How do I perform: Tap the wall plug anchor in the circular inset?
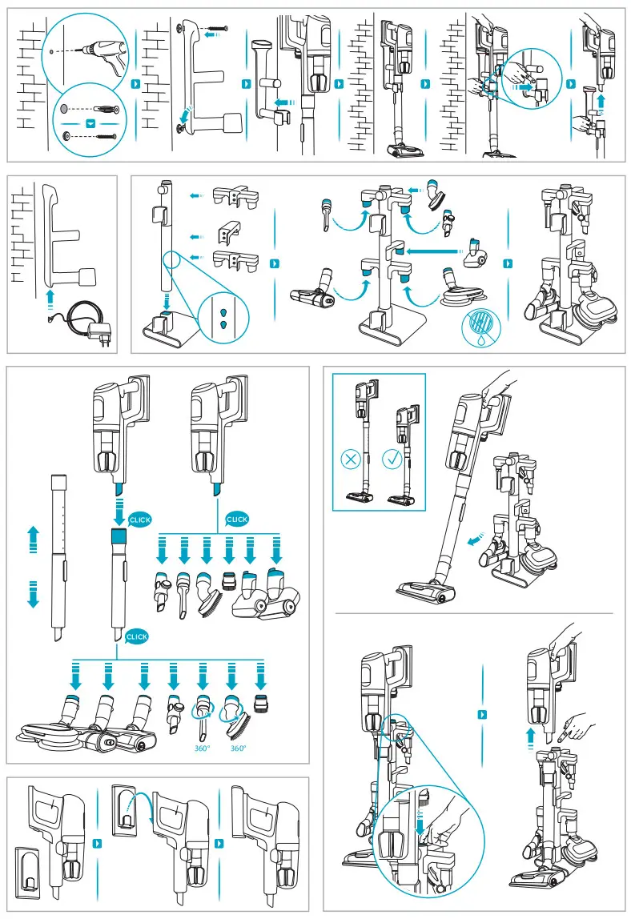[99, 108]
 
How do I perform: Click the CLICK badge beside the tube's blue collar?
[139, 520]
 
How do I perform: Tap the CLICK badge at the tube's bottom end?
[137, 636]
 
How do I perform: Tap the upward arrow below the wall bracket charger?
[50, 297]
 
